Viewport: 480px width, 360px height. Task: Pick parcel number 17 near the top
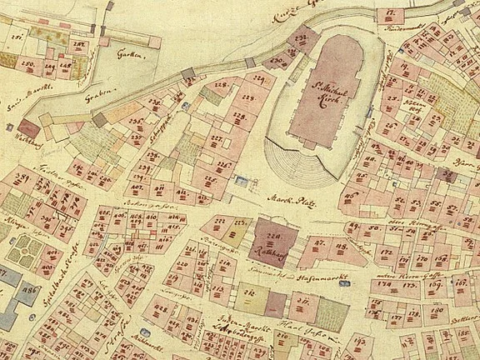click(x=390, y=13)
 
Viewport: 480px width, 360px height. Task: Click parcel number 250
click(x=26, y=63)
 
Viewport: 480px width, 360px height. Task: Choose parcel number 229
click(x=259, y=80)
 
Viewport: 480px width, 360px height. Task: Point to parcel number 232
click(x=302, y=37)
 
